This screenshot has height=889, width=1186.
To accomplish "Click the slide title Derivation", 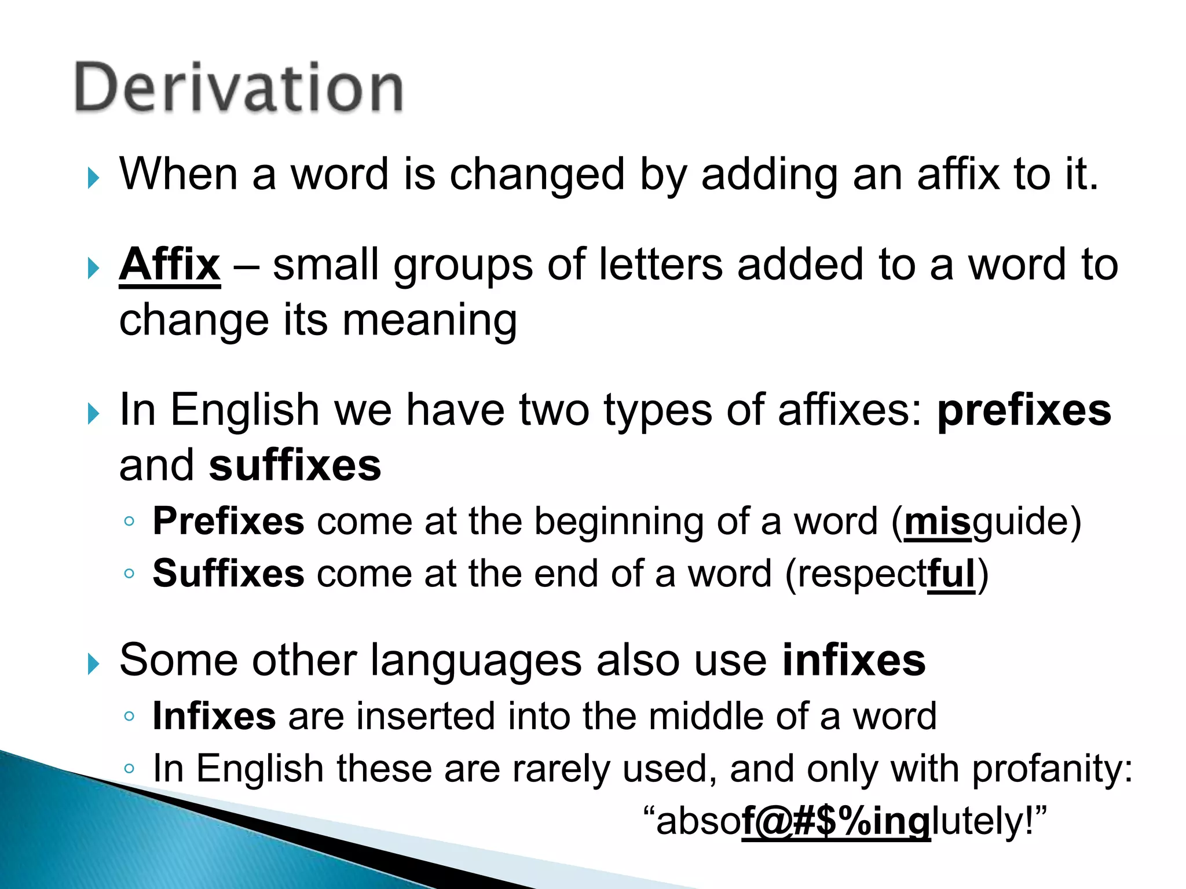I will tap(239, 88).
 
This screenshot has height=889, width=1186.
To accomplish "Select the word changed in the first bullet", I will tap(537, 175).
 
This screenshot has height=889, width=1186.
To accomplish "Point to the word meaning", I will tap(429, 321).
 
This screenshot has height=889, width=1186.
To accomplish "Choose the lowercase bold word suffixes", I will tap(295, 466).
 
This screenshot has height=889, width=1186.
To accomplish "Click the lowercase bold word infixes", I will tap(854, 660).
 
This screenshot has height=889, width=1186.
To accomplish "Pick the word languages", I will tap(475, 662).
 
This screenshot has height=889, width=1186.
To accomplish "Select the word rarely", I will tap(560, 770).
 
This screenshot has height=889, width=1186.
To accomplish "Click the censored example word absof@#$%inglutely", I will tap(845, 822).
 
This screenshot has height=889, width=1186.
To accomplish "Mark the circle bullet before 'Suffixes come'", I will tap(129, 574).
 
